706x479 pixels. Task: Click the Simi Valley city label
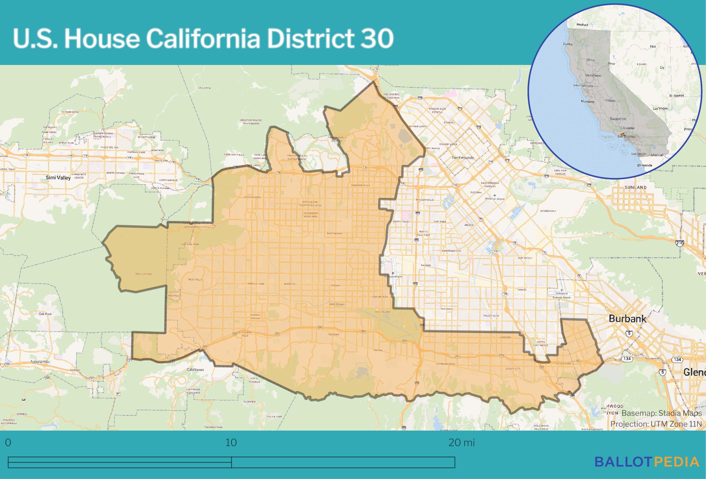pyautogui.click(x=58, y=177)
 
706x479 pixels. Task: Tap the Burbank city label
pyautogui.click(x=627, y=319)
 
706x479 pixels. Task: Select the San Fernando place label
pyautogui.click(x=463, y=158)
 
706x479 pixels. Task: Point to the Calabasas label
pyautogui.click(x=195, y=369)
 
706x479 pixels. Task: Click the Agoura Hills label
pyautogui.click(x=40, y=362)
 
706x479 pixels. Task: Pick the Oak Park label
pyautogui.click(x=45, y=314)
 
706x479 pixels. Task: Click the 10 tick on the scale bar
pyautogui.click(x=231, y=443)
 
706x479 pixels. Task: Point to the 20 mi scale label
pyautogui.click(x=461, y=443)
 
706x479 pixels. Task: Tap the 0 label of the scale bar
pyautogui.click(x=8, y=443)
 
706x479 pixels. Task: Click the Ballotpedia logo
pyautogui.click(x=647, y=462)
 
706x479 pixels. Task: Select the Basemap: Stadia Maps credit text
pyautogui.click(x=662, y=413)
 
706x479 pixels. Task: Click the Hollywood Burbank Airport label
pyautogui.click(x=562, y=295)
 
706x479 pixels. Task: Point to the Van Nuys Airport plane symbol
pyautogui.click(x=393, y=273)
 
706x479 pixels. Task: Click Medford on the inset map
pyautogui.click(x=582, y=25)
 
